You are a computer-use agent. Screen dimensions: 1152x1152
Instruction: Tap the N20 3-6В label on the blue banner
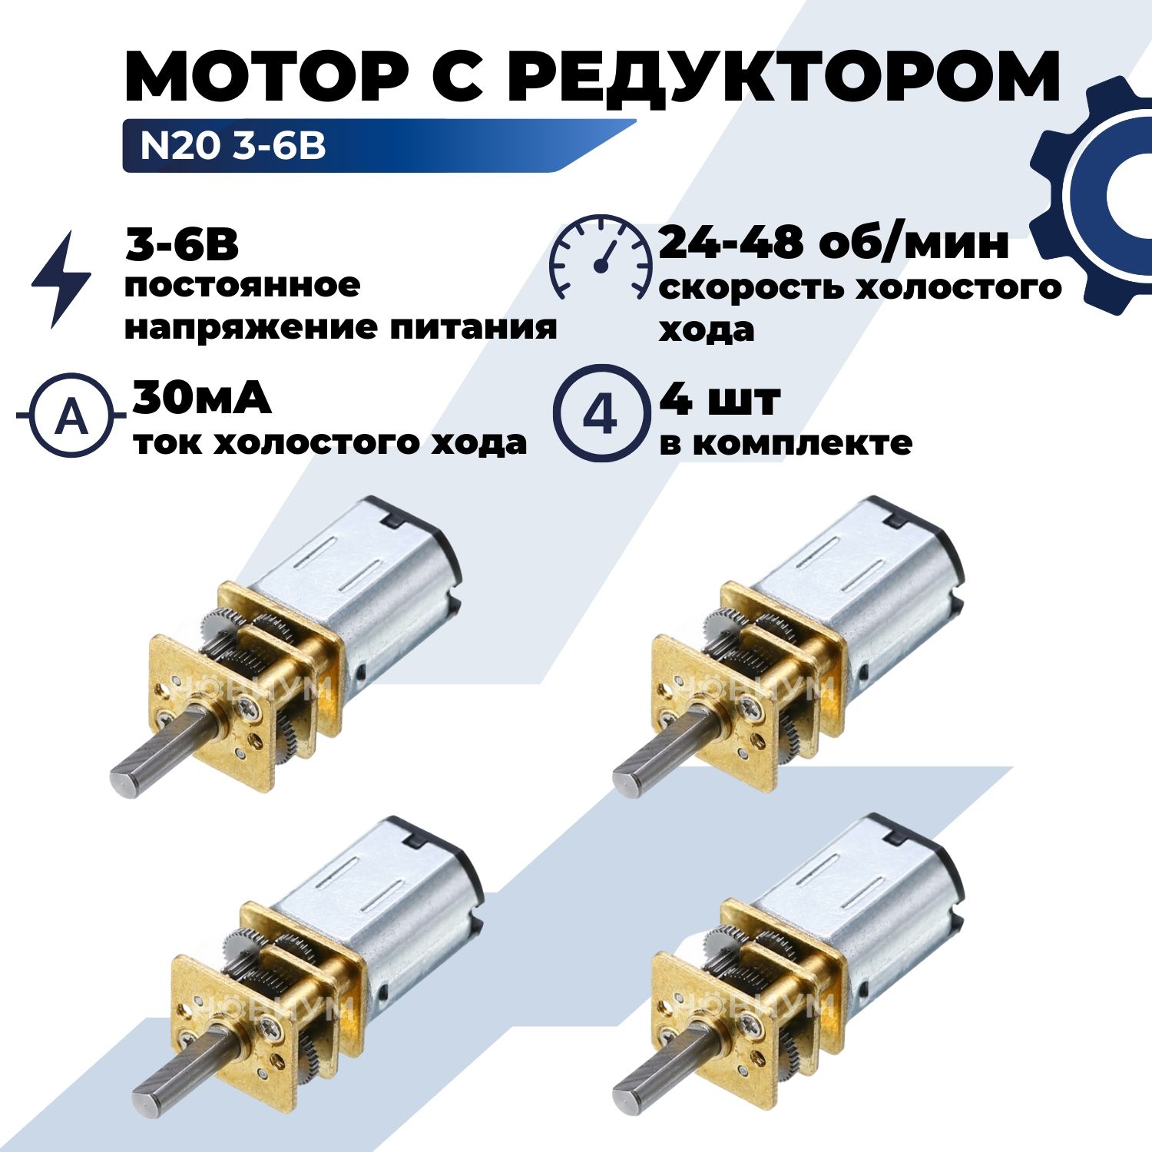coord(233,145)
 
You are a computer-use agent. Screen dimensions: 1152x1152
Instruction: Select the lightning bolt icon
coord(61,279)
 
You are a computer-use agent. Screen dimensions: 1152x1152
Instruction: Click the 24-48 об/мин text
coord(834,243)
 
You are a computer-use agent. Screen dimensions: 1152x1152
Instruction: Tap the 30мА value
coord(202,398)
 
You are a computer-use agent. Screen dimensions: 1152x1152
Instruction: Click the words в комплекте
coord(786,443)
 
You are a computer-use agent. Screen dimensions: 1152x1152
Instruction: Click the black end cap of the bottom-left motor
coord(441,856)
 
